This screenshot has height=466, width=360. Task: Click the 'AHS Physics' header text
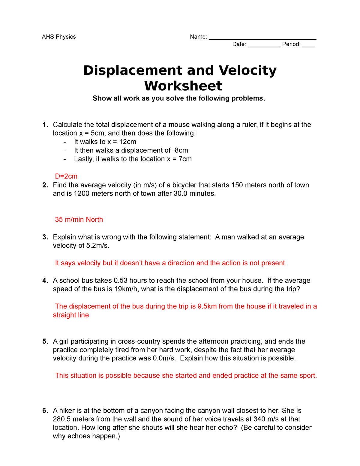click(x=59, y=37)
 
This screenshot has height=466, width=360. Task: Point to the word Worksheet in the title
click(x=183, y=86)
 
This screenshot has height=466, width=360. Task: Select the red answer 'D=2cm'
click(x=66, y=176)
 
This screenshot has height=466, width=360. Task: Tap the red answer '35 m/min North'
click(x=79, y=220)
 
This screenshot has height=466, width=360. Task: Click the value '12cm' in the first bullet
click(x=127, y=142)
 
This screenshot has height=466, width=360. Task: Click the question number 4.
click(x=45, y=281)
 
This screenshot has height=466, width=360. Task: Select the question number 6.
click(x=45, y=411)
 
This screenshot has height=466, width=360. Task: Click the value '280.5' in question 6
click(x=62, y=419)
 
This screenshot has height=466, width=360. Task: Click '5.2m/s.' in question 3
click(x=98, y=246)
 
